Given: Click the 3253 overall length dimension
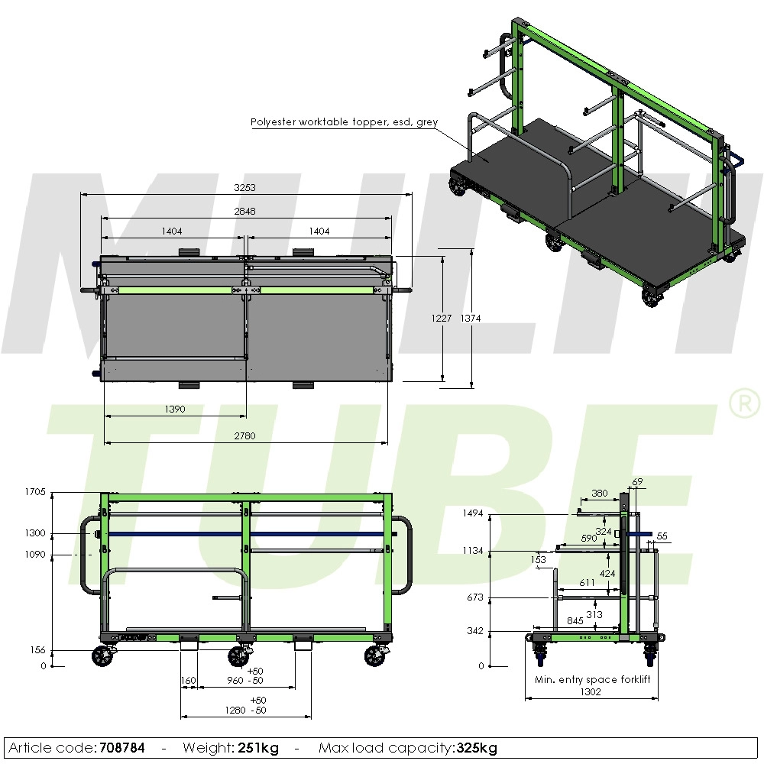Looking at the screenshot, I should [x=245, y=187].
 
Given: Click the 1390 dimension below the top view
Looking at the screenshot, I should [x=175, y=410].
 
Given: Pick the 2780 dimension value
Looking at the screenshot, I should [x=245, y=435].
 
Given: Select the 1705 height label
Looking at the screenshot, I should [x=35, y=492].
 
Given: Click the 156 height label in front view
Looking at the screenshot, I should [x=38, y=650].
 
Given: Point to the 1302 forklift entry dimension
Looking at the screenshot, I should [x=590, y=692].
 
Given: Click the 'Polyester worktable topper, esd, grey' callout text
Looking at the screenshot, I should [x=343, y=122].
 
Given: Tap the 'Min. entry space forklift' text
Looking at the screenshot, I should [x=592, y=679].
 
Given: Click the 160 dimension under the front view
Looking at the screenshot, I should [x=189, y=680].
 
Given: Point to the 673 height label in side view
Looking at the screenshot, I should [x=475, y=597].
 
